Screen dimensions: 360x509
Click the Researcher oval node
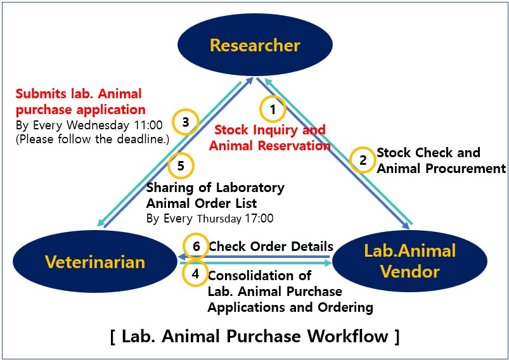pos(255,45)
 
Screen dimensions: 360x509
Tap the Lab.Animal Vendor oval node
pos(410,260)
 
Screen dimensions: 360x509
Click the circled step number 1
pos(273,110)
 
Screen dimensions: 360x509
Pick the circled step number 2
pos(363,160)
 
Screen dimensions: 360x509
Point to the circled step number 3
pos(186,122)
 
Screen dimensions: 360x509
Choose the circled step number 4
pos(195,274)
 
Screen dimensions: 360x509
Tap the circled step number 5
pos(181,166)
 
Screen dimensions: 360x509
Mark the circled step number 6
pos(195,246)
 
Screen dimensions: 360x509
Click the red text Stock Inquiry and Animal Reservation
pos(271,138)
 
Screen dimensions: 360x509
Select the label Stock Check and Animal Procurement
pos(441,160)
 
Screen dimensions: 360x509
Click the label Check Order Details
pos(271,246)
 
